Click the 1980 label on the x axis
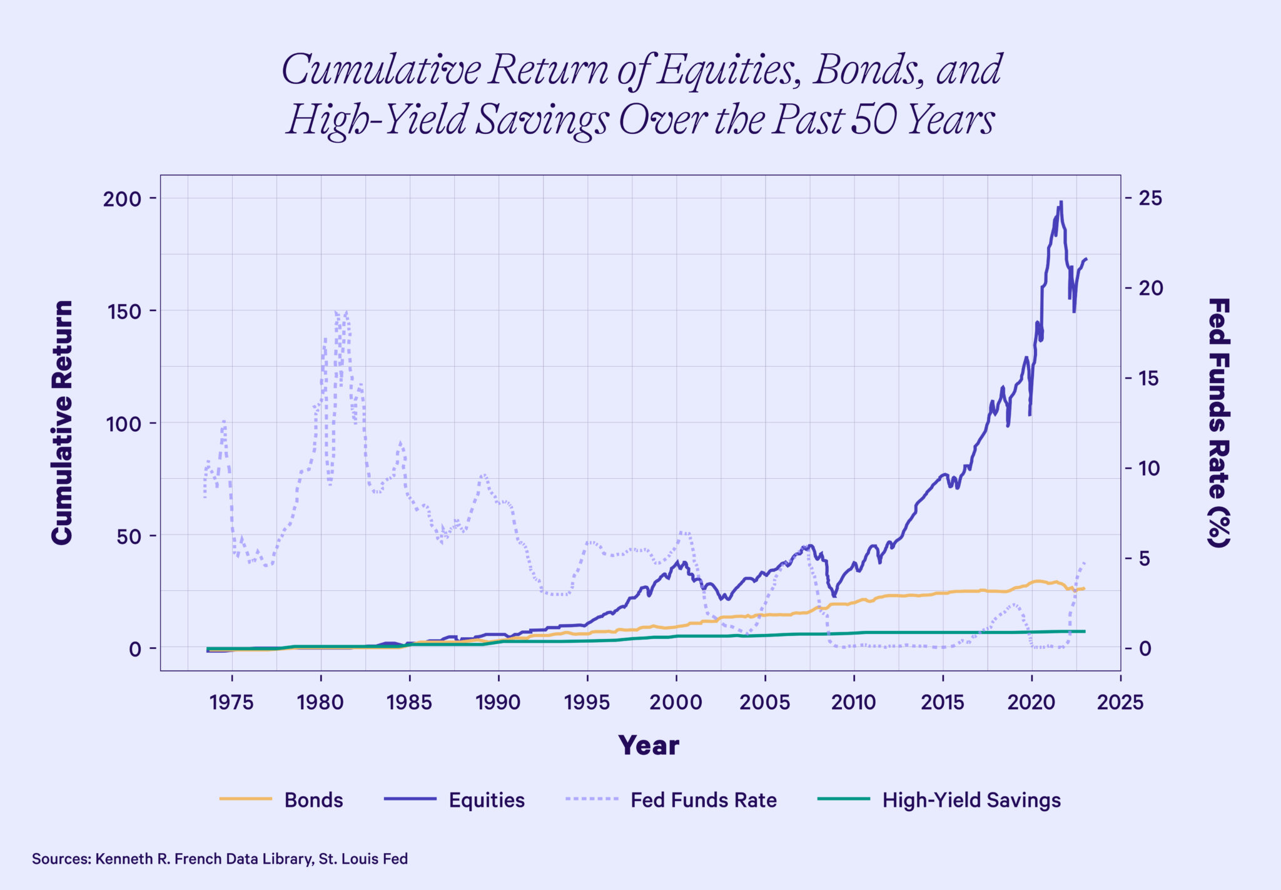point(320,702)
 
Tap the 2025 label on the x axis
point(1120,702)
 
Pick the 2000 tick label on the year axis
point(676,702)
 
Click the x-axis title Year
point(649,745)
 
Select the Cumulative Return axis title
point(63,422)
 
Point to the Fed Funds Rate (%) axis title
point(1218,422)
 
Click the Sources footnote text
point(220,859)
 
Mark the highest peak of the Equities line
point(1061,202)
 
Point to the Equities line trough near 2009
point(834,596)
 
